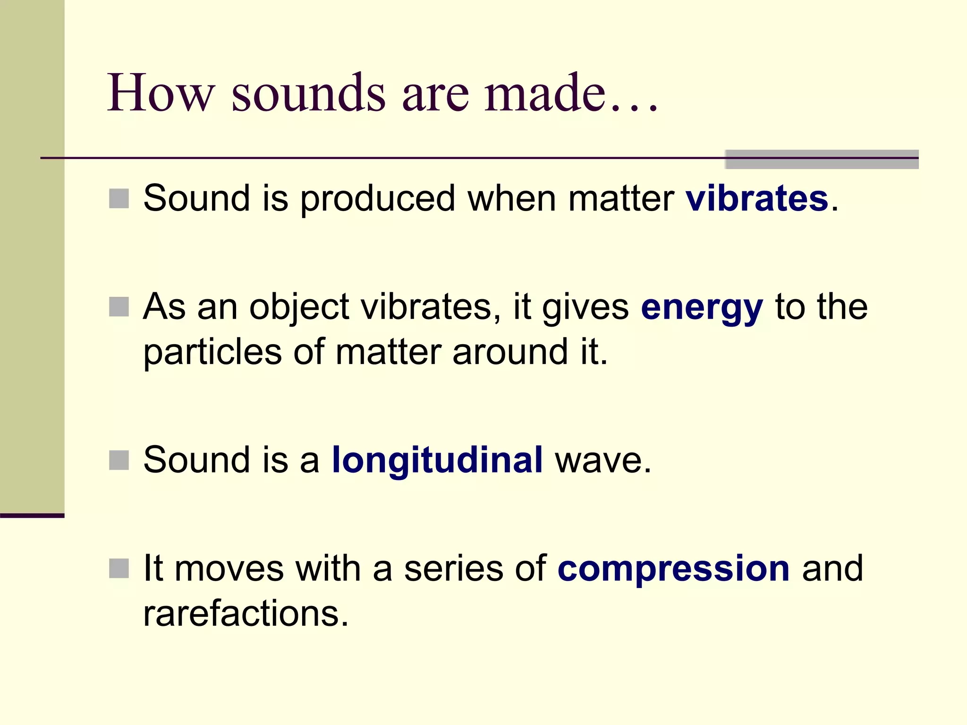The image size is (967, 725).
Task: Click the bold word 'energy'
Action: click(702, 308)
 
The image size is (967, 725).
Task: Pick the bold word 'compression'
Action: click(673, 568)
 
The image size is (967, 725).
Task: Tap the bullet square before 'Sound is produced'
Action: click(119, 199)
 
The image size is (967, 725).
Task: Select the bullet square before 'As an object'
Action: click(119, 307)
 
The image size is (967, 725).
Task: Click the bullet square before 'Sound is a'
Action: click(119, 460)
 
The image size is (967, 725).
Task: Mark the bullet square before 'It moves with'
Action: click(119, 568)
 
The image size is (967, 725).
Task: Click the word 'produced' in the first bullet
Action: click(378, 199)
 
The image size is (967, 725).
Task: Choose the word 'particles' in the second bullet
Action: click(212, 353)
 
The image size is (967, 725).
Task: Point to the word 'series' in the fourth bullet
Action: click(453, 568)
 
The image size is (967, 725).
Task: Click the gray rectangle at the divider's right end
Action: click(822, 160)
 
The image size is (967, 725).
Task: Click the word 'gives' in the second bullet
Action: click(585, 308)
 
